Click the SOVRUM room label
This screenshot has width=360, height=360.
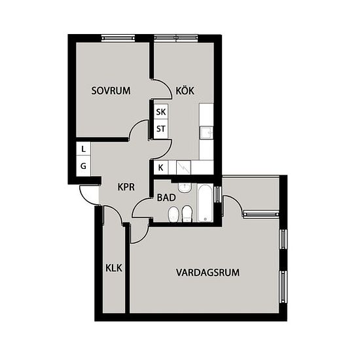[111, 91]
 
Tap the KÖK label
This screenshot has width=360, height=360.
[185, 90]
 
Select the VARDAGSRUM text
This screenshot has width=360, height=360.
[207, 272]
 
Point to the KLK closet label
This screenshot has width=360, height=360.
[114, 268]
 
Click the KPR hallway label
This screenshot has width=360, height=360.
[126, 187]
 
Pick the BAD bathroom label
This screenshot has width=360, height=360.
[166, 198]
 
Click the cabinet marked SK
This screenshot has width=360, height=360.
[161, 112]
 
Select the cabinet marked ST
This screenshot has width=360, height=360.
[161, 129]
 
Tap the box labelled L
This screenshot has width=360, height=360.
[83, 149]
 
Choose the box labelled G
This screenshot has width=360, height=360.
[83, 166]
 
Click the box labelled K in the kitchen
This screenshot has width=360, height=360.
[161, 168]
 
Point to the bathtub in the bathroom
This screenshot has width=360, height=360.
[205, 203]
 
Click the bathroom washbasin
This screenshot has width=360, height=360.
[185, 188]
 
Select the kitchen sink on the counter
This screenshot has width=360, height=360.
[206, 133]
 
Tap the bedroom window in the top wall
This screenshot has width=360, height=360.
[118, 38]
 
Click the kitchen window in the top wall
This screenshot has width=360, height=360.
[176, 38]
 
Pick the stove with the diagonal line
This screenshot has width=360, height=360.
[183, 168]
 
